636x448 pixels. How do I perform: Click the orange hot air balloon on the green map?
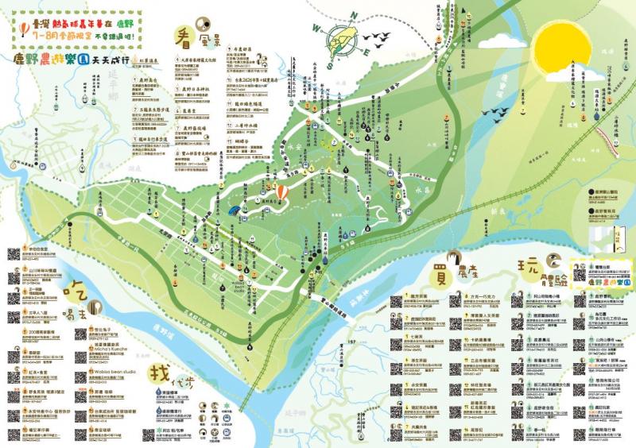(283, 193)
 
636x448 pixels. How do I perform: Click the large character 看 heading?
(185, 35)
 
